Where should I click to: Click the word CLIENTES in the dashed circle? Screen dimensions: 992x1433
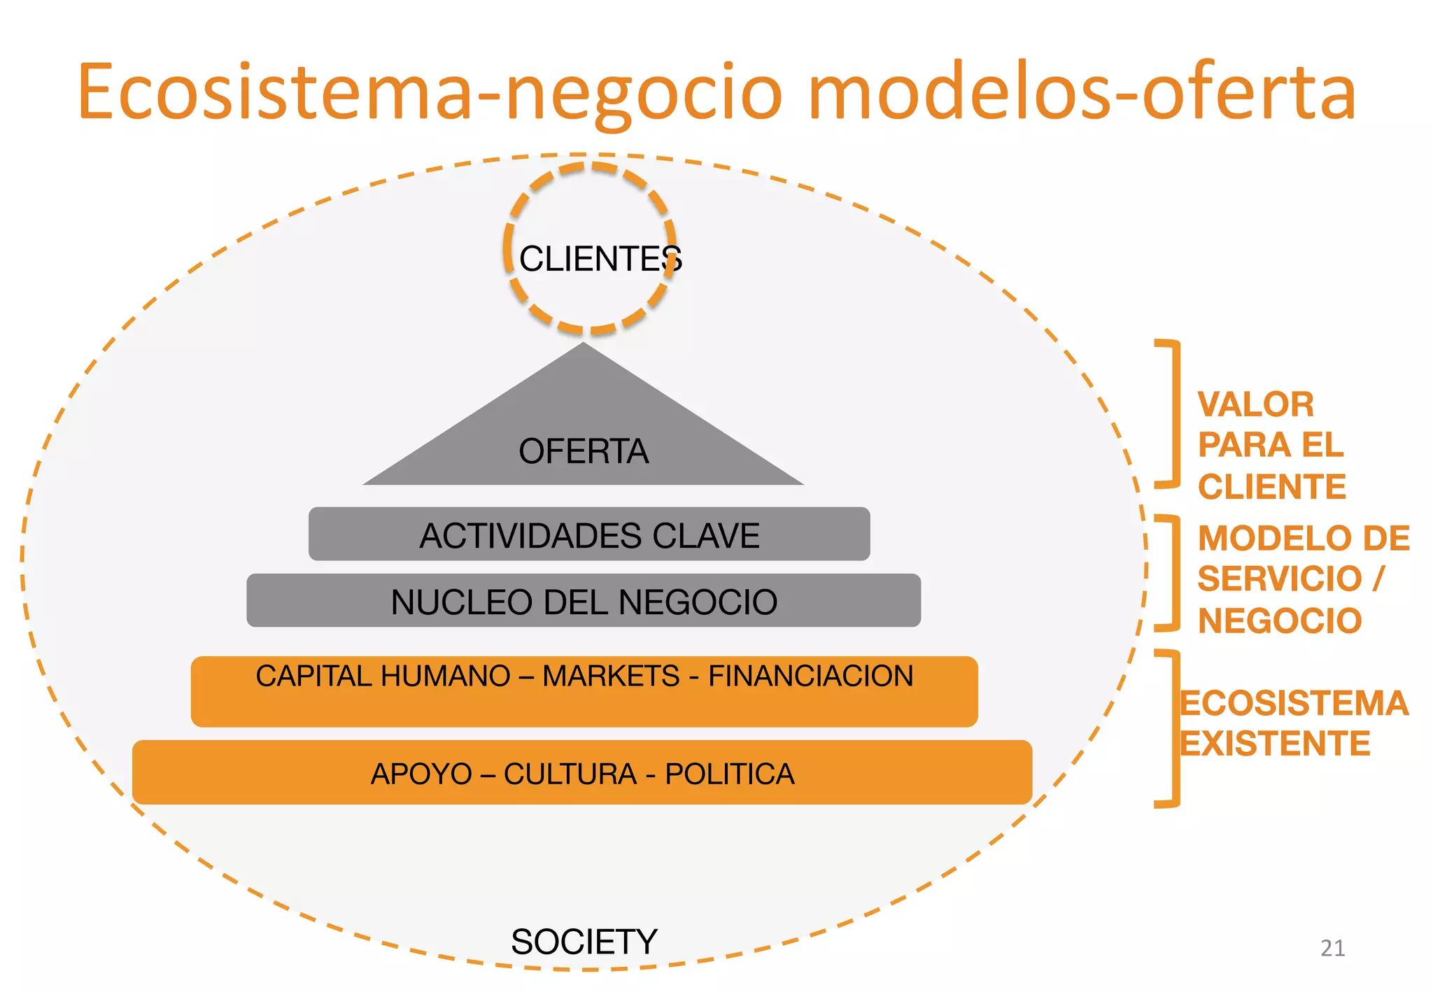[x=600, y=259]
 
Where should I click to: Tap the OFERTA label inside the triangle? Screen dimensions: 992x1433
[x=584, y=451]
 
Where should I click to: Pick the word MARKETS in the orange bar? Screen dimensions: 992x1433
[x=611, y=676]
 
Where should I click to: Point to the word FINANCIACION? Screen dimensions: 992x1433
[x=810, y=676]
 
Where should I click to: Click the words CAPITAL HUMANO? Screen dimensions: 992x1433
[x=383, y=676]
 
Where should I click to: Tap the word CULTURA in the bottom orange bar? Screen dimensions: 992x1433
[x=570, y=774]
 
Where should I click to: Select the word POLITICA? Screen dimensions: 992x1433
[x=729, y=774]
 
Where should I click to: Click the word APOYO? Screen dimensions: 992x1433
[x=421, y=774]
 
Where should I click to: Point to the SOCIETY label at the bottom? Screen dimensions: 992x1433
[x=584, y=942]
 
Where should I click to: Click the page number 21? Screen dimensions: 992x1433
[x=1332, y=948]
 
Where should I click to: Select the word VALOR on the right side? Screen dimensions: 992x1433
[x=1255, y=404]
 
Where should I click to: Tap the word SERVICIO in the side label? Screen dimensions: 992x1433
[x=1279, y=579]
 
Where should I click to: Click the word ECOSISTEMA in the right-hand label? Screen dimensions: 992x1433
[x=1294, y=703]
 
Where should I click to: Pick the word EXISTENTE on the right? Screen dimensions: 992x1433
[x=1275, y=743]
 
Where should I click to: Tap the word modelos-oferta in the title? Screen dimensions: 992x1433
[x=1081, y=92]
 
